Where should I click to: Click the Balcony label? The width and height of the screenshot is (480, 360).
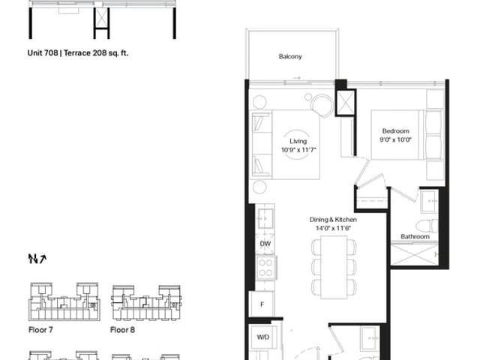(290, 57)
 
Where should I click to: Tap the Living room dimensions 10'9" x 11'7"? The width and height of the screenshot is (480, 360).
(298, 150)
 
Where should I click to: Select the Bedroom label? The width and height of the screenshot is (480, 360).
(395, 131)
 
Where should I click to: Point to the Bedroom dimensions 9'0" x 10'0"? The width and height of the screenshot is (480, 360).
(395, 140)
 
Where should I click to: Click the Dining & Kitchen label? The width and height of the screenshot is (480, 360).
(333, 220)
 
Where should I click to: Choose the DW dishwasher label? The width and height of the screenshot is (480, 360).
(265, 244)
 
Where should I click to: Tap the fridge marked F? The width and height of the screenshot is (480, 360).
(262, 304)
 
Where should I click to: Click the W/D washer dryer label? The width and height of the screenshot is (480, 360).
(263, 337)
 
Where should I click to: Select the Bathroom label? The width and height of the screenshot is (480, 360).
(415, 237)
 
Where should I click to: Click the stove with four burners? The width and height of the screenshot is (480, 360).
(266, 268)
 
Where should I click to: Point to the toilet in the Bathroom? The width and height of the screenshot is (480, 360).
(427, 226)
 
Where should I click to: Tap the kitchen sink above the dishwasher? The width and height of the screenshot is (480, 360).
(265, 218)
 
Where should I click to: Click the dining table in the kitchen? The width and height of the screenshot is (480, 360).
(334, 267)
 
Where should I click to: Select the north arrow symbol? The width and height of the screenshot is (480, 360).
(37, 259)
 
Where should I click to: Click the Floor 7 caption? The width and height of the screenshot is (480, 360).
(40, 330)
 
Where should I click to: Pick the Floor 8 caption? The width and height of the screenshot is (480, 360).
(122, 330)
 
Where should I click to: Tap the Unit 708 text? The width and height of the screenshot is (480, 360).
(43, 53)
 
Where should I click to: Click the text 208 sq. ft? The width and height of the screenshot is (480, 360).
(110, 53)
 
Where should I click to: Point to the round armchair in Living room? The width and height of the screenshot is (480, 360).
(322, 105)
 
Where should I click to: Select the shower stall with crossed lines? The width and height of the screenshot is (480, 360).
(415, 254)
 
